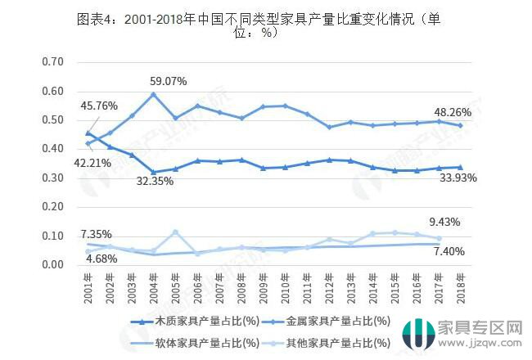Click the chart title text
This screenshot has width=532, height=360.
pyautogui.click(x=265, y=27)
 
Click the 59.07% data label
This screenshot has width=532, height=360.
pyautogui.click(x=169, y=81)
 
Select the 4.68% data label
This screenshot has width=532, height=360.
pyautogui.click(x=101, y=259)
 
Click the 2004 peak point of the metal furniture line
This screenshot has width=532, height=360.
pyautogui.click(x=153, y=94)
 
